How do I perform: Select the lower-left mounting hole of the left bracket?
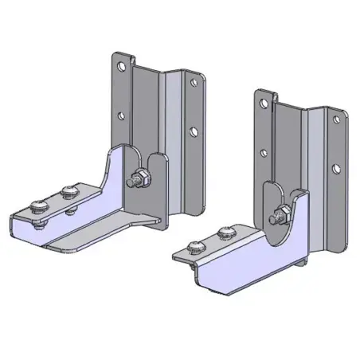(121, 114)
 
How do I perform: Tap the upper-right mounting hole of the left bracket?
(191, 81)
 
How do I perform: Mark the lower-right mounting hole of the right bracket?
(337, 168)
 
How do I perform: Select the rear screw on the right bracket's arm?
(224, 231)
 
